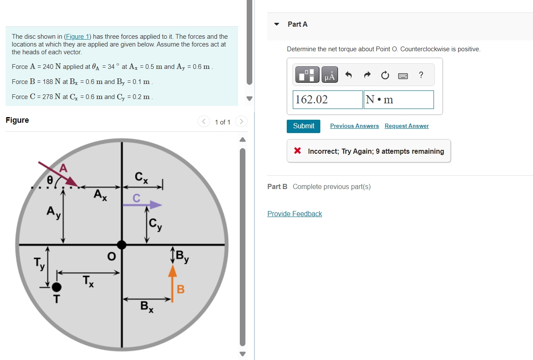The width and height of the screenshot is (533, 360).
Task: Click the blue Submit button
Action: [x=304, y=126]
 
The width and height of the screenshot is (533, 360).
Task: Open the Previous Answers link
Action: [x=354, y=126]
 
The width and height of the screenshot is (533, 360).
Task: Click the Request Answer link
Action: [x=406, y=126]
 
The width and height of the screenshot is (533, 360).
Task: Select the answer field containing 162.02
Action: [x=328, y=99]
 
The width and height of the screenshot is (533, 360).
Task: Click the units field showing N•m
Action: [x=398, y=99]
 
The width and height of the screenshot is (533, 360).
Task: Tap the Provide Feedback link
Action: [x=294, y=214]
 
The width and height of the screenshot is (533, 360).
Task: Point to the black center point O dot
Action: [x=122, y=245]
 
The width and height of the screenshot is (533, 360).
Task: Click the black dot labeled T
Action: [x=56, y=287]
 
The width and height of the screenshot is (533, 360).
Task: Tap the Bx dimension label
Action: [x=147, y=307]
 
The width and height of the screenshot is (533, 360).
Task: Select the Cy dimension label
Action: [x=155, y=224]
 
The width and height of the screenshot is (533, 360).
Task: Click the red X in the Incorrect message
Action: [x=297, y=151]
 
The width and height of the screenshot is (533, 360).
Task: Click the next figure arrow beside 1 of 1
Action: [x=242, y=122]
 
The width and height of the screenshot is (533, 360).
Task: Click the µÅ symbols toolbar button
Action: [x=330, y=76]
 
